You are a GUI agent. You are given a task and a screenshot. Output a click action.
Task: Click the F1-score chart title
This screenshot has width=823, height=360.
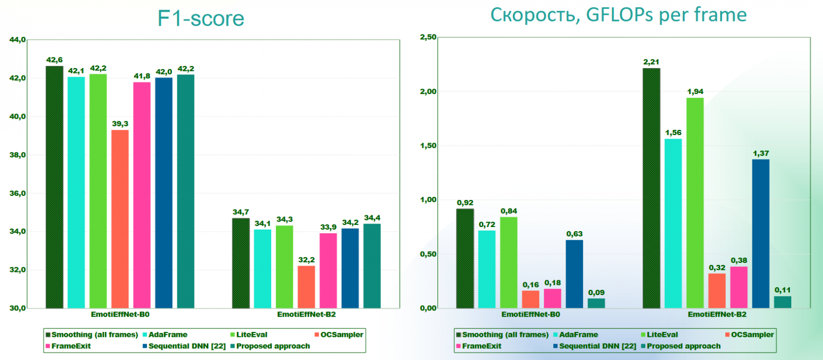(x=201, y=18)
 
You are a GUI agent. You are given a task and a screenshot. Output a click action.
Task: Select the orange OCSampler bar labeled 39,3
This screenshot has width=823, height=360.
(x=120, y=219)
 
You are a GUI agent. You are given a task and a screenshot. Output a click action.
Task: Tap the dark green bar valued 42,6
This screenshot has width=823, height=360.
(x=54, y=187)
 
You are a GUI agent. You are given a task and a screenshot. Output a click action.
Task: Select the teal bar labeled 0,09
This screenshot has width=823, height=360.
(x=596, y=303)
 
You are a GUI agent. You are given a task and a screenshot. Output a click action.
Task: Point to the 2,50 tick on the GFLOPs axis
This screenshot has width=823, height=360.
(x=428, y=37)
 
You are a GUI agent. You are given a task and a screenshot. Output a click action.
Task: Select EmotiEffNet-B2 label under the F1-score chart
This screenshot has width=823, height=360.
(x=308, y=315)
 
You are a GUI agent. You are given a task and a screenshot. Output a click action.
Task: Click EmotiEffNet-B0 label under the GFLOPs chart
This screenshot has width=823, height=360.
(x=531, y=315)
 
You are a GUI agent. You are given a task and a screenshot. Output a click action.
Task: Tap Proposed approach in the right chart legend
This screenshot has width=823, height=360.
(x=684, y=346)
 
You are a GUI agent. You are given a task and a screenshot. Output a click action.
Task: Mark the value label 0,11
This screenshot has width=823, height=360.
(x=783, y=289)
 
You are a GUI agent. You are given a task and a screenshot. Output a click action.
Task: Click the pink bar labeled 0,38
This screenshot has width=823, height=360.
(x=739, y=287)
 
